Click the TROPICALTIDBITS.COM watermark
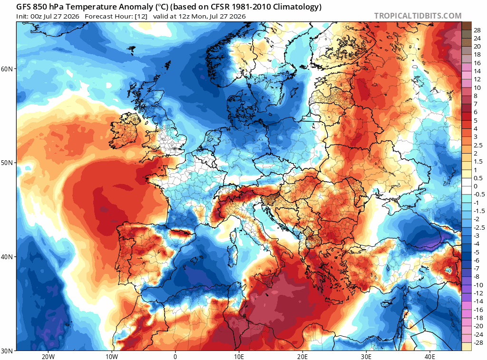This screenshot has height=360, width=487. (418, 16)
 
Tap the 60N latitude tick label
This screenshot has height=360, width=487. (7, 68)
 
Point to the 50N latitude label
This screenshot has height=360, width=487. (7, 163)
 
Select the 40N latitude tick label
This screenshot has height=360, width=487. (7, 257)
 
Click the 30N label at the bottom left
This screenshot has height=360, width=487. (7, 351)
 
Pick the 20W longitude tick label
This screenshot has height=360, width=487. (48, 356)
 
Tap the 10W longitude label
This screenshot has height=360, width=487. (112, 356)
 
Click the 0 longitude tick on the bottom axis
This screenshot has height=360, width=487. (175, 356)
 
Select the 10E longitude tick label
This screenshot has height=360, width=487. (239, 356)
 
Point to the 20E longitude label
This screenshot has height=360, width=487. (302, 356)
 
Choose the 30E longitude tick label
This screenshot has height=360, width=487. (366, 356)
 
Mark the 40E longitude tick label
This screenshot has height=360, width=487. (430, 356)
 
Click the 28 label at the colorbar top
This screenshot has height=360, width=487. (477, 30)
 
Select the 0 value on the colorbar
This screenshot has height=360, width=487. (476, 186)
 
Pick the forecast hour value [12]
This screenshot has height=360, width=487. (141, 17)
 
